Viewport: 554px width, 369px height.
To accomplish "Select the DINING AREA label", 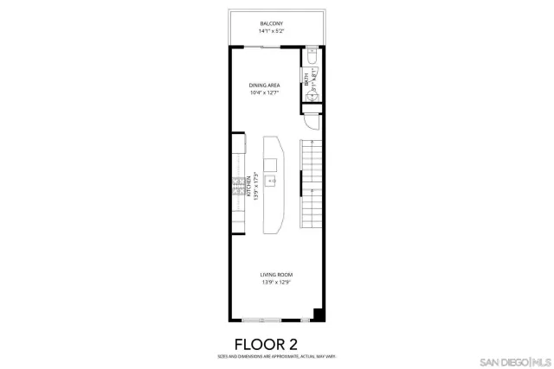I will [263, 85].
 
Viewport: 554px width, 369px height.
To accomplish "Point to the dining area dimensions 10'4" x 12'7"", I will [263, 92].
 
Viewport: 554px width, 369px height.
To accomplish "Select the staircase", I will [310, 181].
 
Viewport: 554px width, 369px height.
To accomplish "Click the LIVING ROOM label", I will [276, 275].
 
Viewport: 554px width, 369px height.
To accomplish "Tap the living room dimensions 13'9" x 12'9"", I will [276, 283].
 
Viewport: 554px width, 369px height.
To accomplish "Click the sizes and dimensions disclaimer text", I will [276, 356].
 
